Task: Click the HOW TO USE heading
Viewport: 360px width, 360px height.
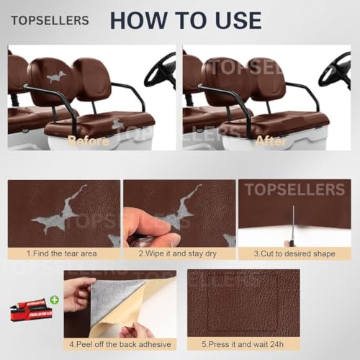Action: pyautogui.click(x=185, y=19)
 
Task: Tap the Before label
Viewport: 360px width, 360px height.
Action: pyautogui.click(x=88, y=141)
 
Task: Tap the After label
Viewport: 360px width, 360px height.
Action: pyautogui.click(x=271, y=141)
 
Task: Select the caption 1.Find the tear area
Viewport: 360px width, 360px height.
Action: pyautogui.click(x=63, y=253)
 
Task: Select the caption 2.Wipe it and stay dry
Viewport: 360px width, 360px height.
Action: pyautogui.click(x=177, y=253)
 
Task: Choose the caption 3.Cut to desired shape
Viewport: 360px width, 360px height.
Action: pyautogui.click(x=294, y=253)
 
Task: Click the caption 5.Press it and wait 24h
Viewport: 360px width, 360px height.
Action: pyautogui.click(x=243, y=344)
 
